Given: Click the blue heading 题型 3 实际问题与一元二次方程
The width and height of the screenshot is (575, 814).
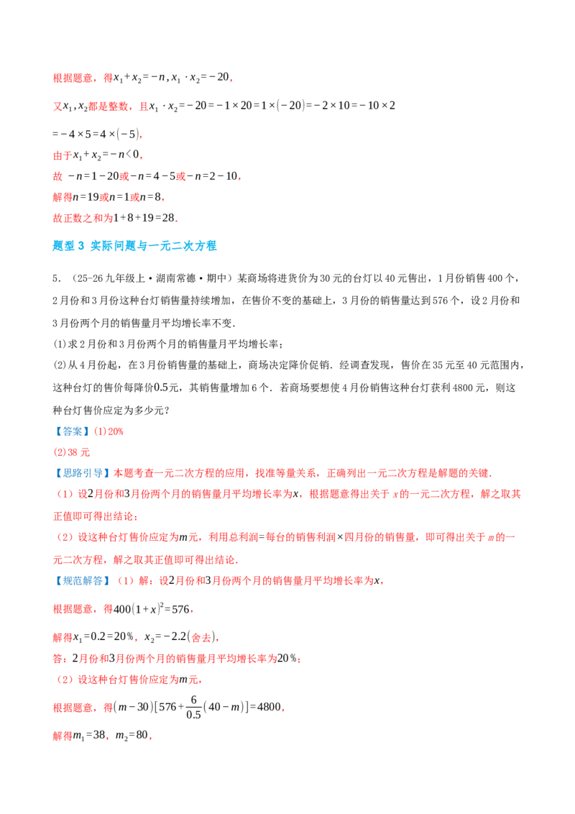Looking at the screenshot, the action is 134,245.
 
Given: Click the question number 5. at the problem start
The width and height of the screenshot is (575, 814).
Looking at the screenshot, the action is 57,279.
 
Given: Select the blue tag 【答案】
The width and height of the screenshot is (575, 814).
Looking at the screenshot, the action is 72,431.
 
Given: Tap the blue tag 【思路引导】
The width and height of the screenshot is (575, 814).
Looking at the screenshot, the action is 82,473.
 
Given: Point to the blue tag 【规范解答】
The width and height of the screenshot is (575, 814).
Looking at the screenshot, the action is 82,581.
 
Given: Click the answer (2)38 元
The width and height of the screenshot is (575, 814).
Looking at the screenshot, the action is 71,452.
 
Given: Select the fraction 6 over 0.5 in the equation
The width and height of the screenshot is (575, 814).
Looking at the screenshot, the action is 193,707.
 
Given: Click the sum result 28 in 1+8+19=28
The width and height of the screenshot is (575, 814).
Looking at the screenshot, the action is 168,218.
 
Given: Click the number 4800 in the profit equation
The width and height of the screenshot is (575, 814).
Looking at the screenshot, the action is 269,707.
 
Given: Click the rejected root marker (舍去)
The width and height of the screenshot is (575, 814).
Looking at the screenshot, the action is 203,637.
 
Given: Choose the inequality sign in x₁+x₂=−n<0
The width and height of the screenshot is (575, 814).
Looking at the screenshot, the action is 129,155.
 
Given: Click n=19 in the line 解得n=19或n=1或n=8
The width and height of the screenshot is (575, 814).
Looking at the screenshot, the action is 86,197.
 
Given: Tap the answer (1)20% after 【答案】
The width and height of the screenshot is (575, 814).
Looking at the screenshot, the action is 109,431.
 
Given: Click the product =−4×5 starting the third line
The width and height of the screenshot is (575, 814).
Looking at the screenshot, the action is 72,134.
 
